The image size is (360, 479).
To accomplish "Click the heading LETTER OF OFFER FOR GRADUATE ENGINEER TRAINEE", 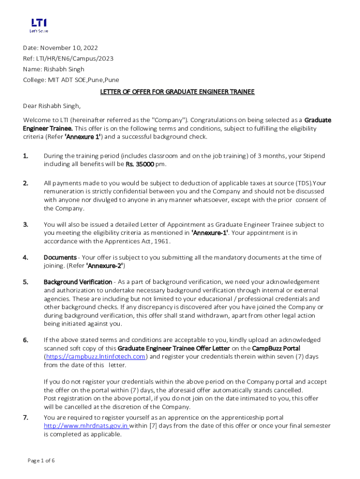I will (177, 92).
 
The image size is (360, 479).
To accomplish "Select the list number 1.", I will (26, 156).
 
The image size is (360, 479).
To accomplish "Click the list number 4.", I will (26, 257).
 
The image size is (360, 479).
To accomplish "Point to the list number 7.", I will (26, 417).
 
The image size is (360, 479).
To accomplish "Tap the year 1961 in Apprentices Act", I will (161, 241).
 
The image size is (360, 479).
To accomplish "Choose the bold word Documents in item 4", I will (60, 257).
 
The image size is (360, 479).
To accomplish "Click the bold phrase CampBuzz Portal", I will (276, 348).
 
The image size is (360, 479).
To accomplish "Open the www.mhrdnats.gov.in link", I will (86, 426).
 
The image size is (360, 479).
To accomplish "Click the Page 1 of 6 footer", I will (41, 461).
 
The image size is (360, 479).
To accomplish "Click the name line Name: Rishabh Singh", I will (54, 69).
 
